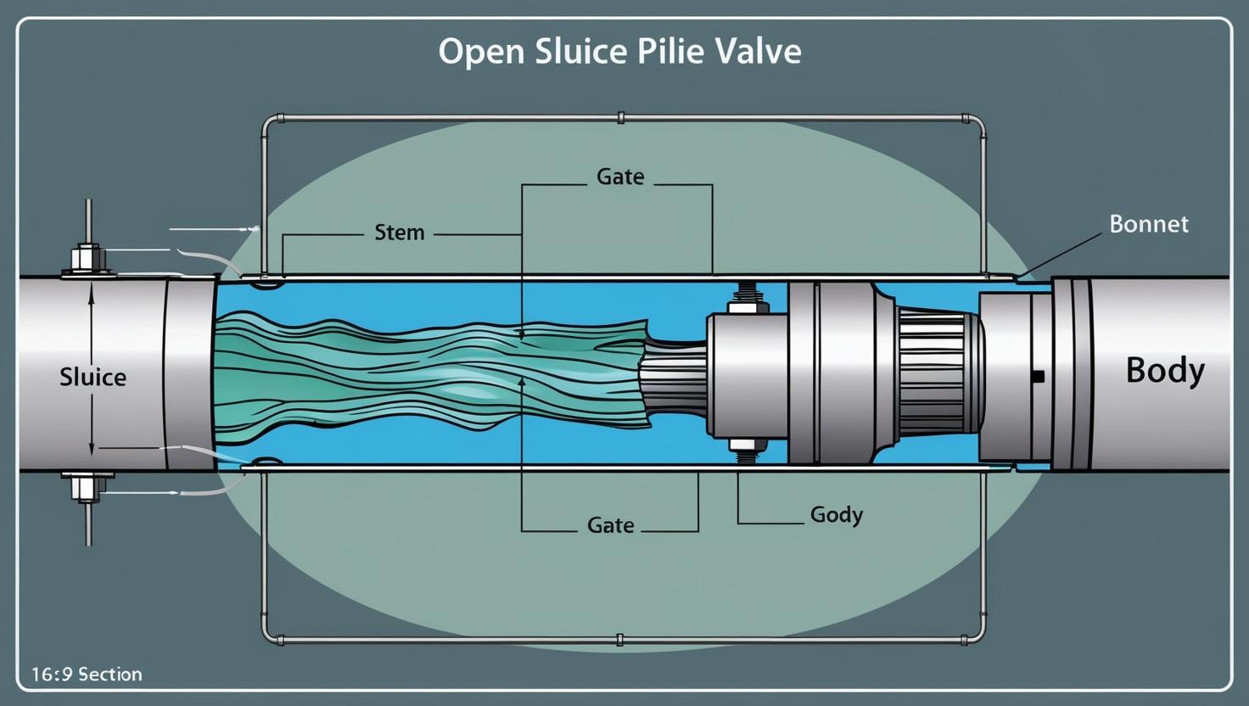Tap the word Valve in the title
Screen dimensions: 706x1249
[759, 52]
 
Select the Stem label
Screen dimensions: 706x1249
[399, 233]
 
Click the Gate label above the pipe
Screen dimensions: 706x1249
[620, 176]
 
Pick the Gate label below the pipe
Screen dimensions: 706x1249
[610, 525]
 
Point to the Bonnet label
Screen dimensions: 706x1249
[1149, 224]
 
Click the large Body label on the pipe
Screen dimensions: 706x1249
[1164, 371]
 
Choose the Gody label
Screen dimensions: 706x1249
[836, 514]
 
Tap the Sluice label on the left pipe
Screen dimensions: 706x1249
[92, 377]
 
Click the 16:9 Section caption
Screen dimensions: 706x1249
[87, 675]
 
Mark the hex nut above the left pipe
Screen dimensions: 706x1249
[87, 257]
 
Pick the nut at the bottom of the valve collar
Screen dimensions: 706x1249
[746, 444]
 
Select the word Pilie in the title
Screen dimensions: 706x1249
[664, 52]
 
